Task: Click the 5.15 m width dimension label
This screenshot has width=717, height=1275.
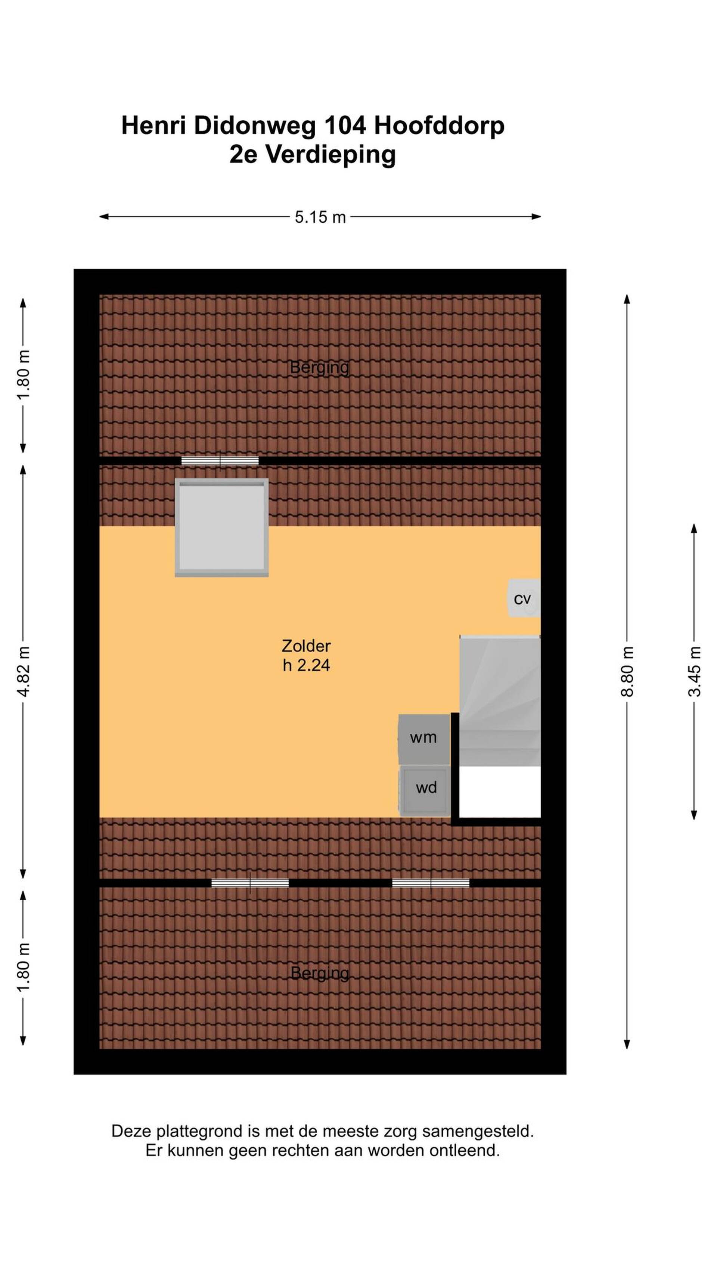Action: (320, 217)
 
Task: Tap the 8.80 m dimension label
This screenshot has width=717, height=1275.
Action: (627, 672)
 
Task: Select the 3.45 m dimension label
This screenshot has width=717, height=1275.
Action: (694, 672)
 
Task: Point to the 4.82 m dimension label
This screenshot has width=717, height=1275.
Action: (23, 672)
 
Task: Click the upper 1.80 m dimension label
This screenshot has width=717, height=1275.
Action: (23, 375)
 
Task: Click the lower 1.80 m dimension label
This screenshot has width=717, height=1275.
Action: (23, 968)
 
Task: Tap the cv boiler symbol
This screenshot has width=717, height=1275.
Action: (524, 598)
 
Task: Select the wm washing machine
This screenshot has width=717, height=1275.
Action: (423, 739)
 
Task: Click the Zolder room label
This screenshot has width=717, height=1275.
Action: (306, 646)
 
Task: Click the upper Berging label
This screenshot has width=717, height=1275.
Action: (319, 368)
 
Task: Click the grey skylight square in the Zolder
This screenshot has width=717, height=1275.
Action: (222, 527)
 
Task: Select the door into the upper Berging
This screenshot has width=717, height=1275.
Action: (220, 461)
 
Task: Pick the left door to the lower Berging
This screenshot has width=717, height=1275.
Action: (250, 882)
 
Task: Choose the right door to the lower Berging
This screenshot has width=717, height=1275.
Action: (431, 882)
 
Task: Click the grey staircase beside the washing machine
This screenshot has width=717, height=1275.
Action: (500, 701)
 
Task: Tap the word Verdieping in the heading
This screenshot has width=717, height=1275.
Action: (331, 155)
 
